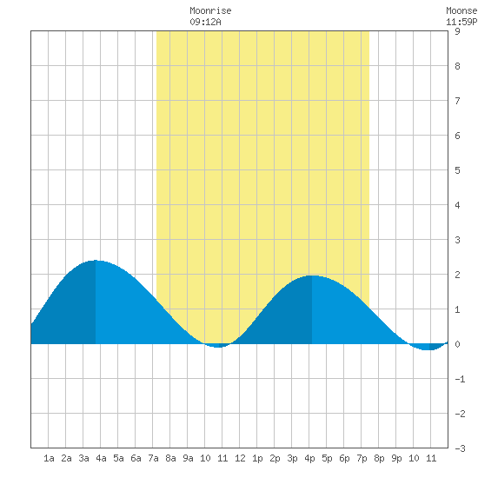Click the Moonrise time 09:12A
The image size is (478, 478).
click(205, 22)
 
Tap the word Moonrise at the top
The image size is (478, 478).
click(210, 10)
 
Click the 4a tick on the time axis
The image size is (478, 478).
click(101, 458)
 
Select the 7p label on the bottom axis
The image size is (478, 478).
click(362, 458)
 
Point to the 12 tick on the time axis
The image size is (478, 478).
click(240, 458)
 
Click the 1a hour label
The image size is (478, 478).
click(49, 458)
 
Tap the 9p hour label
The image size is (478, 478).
click(396, 458)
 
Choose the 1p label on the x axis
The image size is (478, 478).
click(257, 458)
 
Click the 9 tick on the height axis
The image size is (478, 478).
click(457, 31)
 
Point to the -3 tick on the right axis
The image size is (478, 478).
click(460, 448)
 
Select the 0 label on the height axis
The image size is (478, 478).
click(457, 344)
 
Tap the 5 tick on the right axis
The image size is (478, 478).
click(457, 170)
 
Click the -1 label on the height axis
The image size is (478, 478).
click(460, 379)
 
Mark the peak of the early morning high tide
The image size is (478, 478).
click(96, 261)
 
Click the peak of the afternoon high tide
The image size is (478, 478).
click(311, 276)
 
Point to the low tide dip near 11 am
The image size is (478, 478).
click(218, 347)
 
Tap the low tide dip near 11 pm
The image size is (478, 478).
click(428, 349)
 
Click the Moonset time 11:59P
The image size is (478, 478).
click(461, 22)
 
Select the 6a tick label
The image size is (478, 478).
click(136, 458)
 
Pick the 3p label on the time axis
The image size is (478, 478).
click(292, 458)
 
